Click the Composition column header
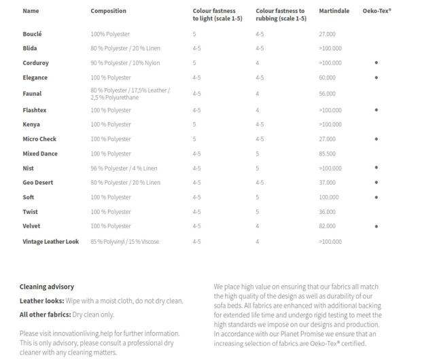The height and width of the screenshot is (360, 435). click(x=108, y=12)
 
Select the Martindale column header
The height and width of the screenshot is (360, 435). click(x=334, y=12)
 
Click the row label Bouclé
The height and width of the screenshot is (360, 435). click(x=32, y=34)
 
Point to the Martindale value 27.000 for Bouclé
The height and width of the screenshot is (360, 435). click(x=327, y=34)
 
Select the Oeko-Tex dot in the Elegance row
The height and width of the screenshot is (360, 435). click(x=377, y=78)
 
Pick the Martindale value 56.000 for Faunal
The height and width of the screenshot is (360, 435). click(x=327, y=94)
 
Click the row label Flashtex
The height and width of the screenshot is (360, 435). click(x=35, y=110)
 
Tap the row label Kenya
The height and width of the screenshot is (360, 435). click(x=31, y=125)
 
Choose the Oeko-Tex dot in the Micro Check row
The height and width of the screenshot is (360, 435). click(x=377, y=139)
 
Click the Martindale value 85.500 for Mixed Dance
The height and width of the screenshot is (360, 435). click(x=327, y=154)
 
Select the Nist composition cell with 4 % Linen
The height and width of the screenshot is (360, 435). click(x=124, y=168)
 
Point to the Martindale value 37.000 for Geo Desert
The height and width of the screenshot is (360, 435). click(x=327, y=183)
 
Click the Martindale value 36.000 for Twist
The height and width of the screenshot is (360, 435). click(x=327, y=212)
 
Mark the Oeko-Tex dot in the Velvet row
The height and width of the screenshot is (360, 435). click(x=377, y=226)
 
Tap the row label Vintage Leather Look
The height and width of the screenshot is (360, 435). click(x=51, y=242)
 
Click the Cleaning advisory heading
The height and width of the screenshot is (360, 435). click(x=47, y=287)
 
